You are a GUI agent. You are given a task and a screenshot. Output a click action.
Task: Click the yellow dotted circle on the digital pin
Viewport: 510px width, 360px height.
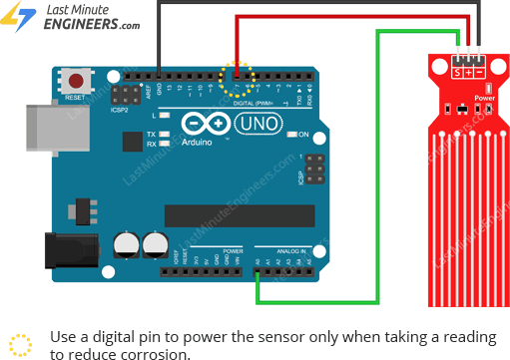pos(237,77)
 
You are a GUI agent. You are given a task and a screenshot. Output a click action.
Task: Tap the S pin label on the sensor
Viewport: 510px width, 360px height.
pos(457,73)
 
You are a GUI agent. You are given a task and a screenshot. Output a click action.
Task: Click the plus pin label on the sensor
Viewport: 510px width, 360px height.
pos(468,73)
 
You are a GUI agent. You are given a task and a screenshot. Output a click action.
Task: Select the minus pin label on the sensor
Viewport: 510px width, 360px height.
pos(479,73)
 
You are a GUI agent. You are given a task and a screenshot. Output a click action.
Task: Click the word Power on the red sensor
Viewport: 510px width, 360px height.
pos(484,98)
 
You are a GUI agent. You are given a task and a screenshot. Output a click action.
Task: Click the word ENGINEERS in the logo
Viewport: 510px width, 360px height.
pos(80,26)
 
